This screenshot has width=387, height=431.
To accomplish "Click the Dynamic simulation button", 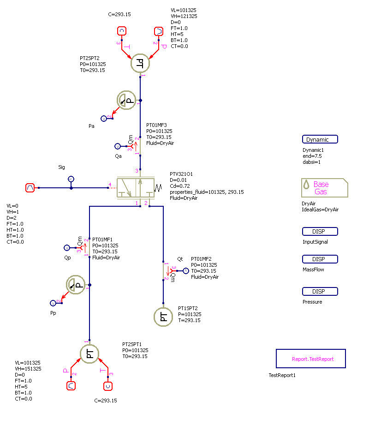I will click(x=320, y=139).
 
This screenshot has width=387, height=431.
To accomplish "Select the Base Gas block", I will click(x=324, y=188).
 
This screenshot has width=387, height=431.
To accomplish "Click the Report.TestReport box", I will click(x=310, y=359).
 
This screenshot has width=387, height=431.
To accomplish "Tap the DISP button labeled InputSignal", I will click(x=320, y=232).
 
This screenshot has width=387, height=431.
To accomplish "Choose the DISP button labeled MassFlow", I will click(x=320, y=259).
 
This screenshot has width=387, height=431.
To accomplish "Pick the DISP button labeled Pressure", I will click(x=320, y=292).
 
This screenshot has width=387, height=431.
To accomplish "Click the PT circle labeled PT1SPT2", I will click(x=163, y=317).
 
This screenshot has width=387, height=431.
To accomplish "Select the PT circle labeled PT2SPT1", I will click(x=90, y=354).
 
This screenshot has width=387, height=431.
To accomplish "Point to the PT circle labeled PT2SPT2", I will click(x=140, y=64).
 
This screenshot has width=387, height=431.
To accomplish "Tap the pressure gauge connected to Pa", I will click(x=127, y=100).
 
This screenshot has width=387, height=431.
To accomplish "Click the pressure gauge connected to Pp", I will click(x=76, y=285).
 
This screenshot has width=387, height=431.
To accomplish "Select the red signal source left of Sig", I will click(x=30, y=188).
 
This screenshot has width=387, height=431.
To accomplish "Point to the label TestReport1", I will click(x=282, y=375).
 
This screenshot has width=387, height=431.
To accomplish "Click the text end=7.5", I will click(x=312, y=156).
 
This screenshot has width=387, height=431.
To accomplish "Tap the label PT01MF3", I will click(x=156, y=125).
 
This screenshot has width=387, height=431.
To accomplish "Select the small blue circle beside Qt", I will click(x=186, y=271).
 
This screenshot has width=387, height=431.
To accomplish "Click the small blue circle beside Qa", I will click(x=117, y=146).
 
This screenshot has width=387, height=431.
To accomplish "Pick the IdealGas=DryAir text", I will click(x=320, y=210).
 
